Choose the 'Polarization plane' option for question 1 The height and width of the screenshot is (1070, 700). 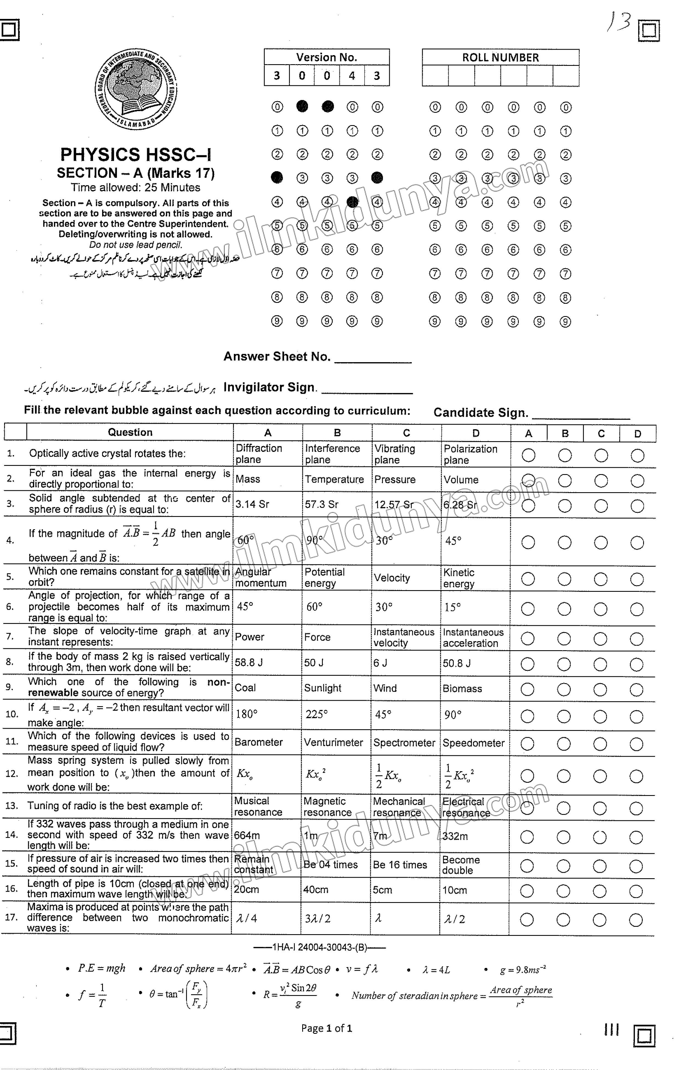(470, 454)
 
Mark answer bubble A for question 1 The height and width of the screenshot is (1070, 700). (528, 455)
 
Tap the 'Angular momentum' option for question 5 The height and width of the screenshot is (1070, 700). (261, 577)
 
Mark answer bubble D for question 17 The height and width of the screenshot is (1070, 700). (636, 920)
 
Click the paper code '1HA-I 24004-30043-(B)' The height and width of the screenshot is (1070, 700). (320, 947)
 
